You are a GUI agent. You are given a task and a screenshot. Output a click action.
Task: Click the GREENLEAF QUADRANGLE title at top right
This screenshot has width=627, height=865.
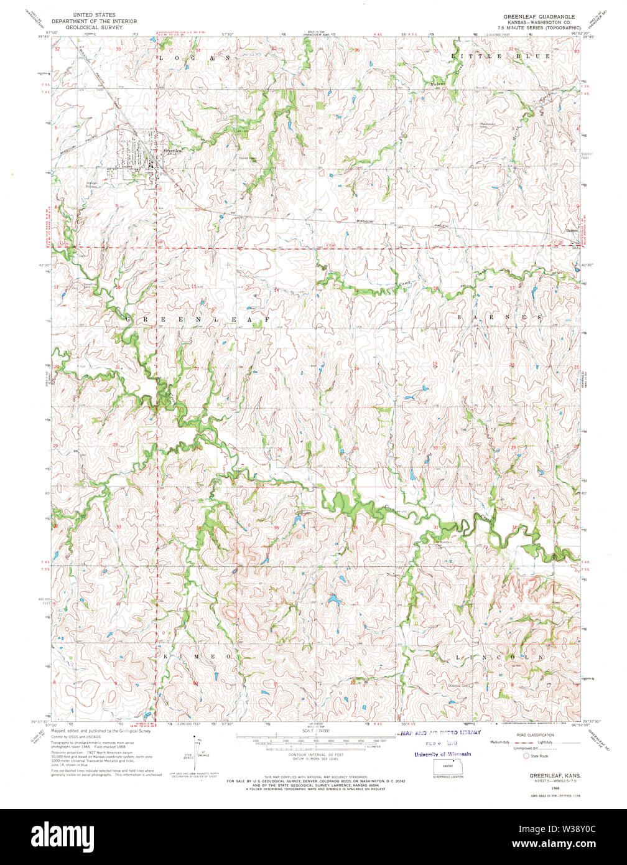click(x=539, y=16)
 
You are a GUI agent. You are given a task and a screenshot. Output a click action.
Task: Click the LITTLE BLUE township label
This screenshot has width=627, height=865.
click(x=500, y=57)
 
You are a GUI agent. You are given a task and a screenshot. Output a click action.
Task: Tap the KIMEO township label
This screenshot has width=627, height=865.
click(x=197, y=657)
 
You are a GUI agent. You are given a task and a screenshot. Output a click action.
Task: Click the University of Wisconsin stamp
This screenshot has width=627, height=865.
click(x=442, y=754)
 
